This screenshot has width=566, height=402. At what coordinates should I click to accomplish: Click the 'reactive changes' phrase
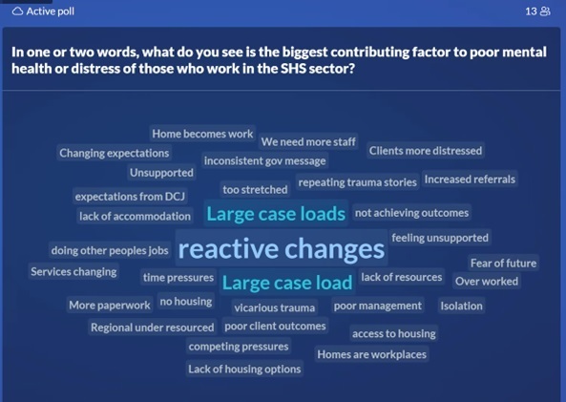pos(282,249)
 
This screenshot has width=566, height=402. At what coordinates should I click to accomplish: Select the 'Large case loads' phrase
pos(276,214)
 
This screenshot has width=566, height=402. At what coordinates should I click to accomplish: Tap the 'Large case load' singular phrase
pos(287,282)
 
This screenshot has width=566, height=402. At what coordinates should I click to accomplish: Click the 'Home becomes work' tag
pos(202,134)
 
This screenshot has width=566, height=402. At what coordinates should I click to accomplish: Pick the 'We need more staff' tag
pos(308,141)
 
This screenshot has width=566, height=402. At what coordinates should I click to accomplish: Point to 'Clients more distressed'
pos(426,151)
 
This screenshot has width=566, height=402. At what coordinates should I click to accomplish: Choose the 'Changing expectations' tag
pos(115,153)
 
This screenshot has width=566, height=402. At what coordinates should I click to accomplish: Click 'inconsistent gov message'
pos(265,160)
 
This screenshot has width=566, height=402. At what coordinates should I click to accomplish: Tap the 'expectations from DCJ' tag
pos(130,197)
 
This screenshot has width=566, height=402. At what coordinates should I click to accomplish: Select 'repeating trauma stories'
pos(357,182)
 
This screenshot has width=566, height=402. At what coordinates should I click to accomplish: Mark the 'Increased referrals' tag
pos(470,180)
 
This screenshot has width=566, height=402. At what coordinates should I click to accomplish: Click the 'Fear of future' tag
pos(503,263)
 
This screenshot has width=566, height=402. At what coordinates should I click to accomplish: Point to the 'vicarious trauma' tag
pos(274,307)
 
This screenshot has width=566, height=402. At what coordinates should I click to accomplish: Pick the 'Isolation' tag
pos(461,306)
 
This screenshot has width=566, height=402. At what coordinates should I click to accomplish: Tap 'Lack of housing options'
pos(244,369)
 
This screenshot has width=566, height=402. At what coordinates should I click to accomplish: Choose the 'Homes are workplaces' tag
pos(372,354)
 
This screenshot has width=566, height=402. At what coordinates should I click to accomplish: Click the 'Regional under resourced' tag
pos(153,328)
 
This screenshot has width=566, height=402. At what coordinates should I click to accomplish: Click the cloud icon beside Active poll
pos(17,11)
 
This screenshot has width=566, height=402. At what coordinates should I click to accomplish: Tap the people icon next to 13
pos(545,11)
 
